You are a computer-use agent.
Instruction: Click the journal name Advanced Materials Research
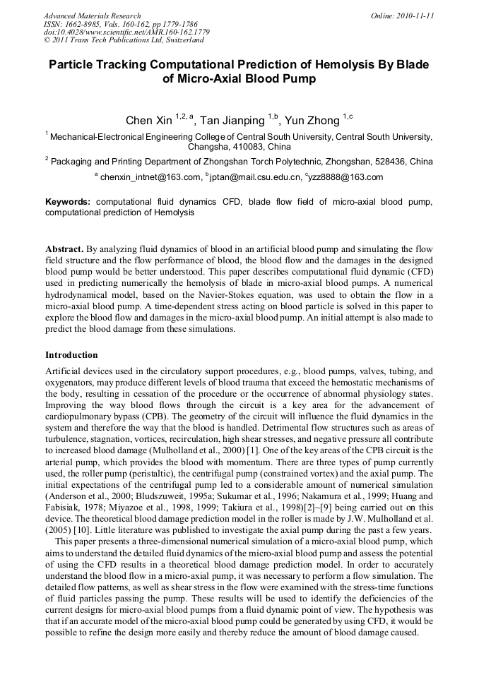click(92, 16)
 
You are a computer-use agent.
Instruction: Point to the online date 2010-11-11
click(416, 16)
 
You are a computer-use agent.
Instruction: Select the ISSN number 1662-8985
click(87, 24)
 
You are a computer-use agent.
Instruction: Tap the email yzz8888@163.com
click(345, 177)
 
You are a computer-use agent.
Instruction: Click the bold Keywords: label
click(68, 202)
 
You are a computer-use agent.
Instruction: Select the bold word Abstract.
click(64, 250)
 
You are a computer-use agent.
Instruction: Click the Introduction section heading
click(71, 354)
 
